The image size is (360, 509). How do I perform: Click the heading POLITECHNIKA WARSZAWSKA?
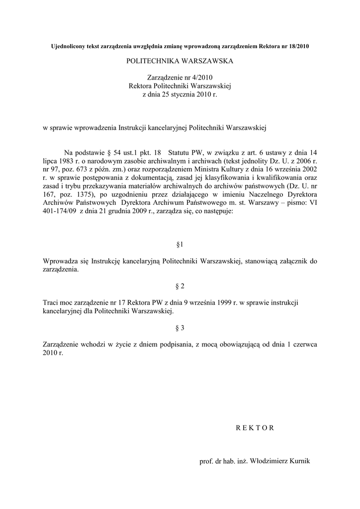click(180, 62)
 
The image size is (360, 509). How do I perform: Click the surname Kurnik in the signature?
click(298, 461)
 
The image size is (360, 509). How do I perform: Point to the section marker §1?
click(180, 245)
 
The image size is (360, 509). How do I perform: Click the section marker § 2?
click(180, 286)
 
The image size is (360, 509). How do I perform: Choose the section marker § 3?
click(180, 328)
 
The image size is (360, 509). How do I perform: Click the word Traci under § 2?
click(52, 302)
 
